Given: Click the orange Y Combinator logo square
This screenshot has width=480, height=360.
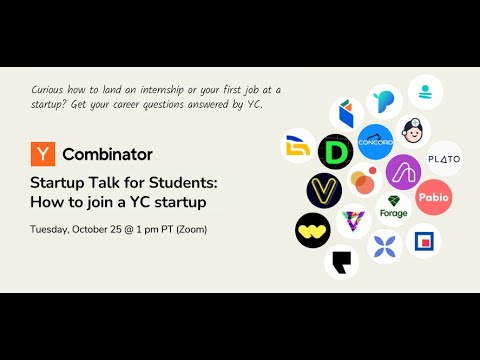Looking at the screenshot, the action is [43, 154].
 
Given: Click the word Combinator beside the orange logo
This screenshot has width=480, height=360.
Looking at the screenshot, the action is [107, 154].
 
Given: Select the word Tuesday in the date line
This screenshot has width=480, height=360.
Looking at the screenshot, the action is [50, 230].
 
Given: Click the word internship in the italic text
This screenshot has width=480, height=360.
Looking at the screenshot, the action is [162, 90].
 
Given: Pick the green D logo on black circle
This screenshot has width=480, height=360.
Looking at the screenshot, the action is [335, 152].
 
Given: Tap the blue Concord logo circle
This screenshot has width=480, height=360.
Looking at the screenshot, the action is [375, 142].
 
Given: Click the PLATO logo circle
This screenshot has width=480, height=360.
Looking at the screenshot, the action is [444, 159].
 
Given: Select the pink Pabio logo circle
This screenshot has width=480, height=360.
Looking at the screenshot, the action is [434, 197].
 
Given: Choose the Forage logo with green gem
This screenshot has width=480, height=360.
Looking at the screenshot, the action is [394, 209].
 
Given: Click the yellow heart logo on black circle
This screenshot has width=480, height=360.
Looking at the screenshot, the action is [313, 230].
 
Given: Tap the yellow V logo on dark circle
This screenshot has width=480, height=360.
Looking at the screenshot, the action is [324, 191].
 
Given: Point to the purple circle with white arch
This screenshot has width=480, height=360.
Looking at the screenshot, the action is [403, 172].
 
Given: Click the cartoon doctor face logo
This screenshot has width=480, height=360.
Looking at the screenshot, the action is [413, 131].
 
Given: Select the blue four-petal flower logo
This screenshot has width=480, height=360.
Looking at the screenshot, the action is [385, 246].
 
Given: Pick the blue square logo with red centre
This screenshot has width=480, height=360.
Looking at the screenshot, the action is [424, 241].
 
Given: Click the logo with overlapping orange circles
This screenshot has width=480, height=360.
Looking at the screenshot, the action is [365, 180].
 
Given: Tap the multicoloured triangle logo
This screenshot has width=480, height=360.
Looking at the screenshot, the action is [353, 221].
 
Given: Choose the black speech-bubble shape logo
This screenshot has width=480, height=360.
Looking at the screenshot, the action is [342, 262].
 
